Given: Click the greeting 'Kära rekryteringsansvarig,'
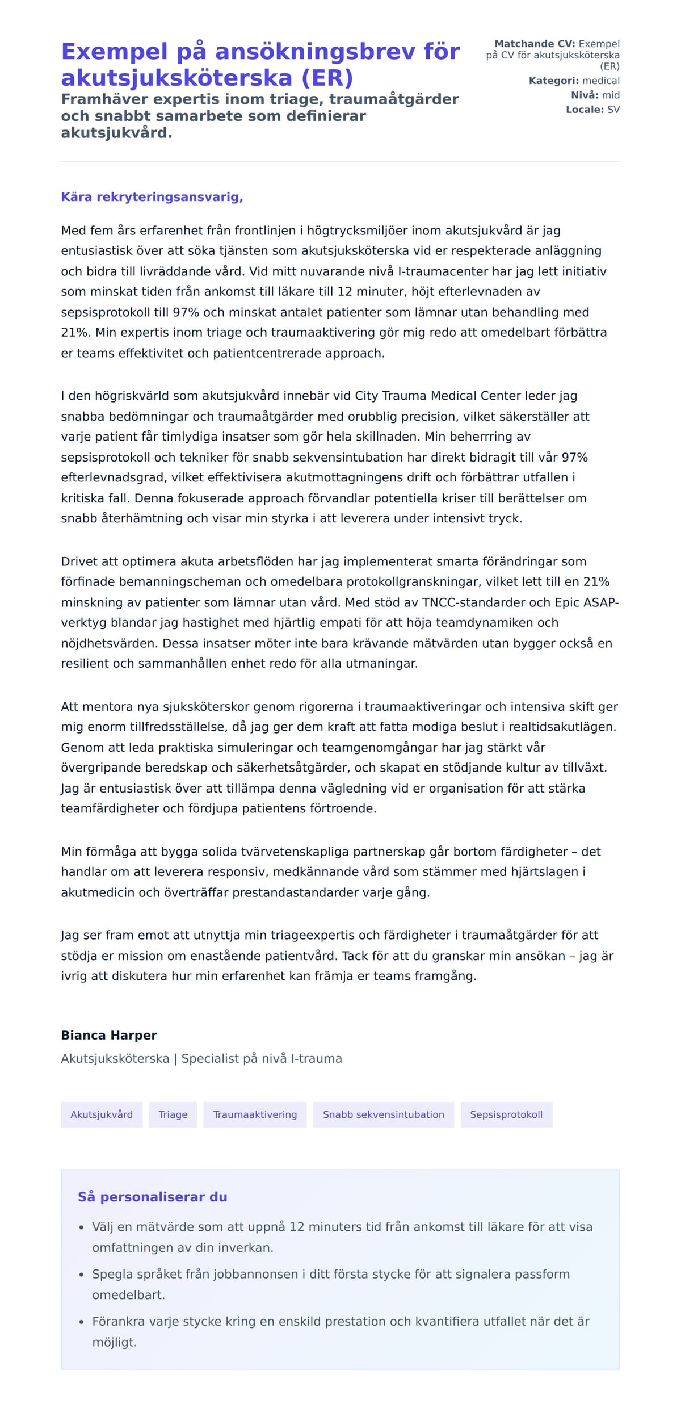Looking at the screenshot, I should tap(152, 197).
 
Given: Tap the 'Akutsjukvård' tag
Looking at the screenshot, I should tap(102, 1114).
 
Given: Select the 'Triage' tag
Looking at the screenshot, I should tap(173, 1114).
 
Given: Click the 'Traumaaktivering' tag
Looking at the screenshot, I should tap(255, 1114).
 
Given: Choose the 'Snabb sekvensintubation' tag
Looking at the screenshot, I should tap(383, 1114).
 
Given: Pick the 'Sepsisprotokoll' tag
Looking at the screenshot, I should tap(506, 1114).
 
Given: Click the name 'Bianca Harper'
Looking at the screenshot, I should tap(109, 1035).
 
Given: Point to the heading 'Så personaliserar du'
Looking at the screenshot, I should tap(152, 1197).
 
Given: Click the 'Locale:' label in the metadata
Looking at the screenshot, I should tap(585, 110).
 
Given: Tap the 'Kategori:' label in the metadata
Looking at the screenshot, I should tap(553, 81).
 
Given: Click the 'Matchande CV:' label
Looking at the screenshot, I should tap(535, 44).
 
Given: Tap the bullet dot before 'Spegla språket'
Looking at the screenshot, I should tap(82, 1275).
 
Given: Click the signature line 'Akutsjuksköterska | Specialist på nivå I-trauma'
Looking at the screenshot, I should tap(201, 1059).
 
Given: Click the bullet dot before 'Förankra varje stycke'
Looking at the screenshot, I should tap(82, 1322).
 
